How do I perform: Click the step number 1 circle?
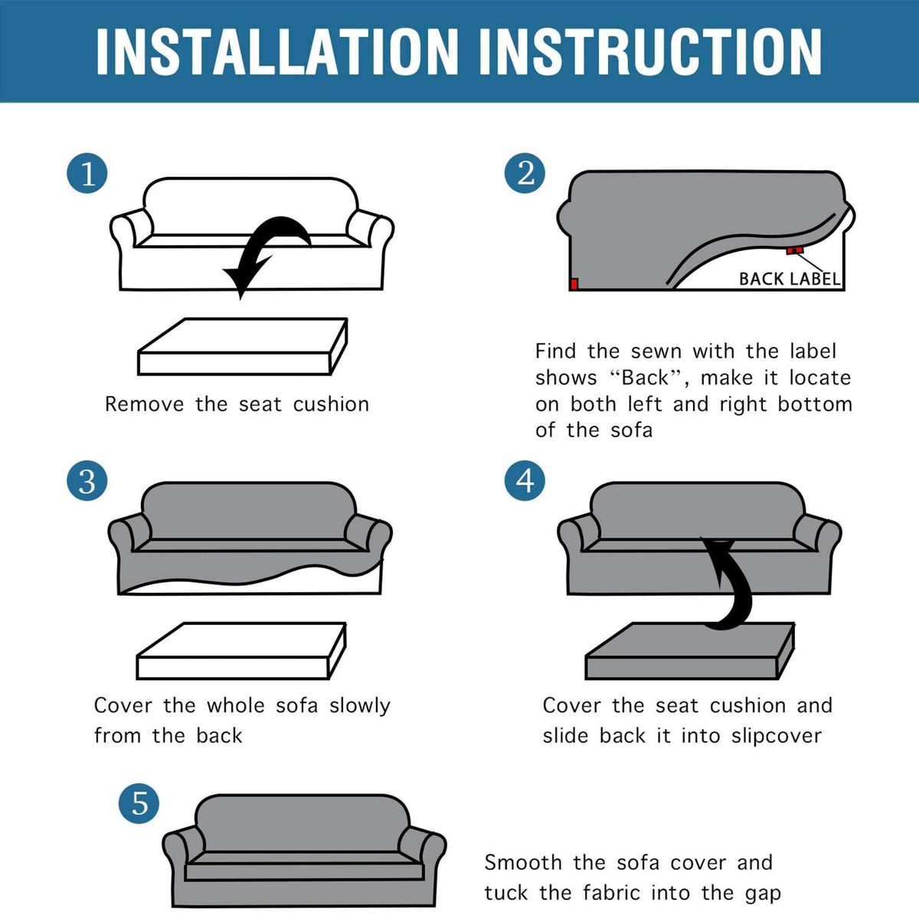click(87, 173)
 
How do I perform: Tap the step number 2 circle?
click(525, 173)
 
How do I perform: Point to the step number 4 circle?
click(525, 480)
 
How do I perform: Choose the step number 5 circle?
click(139, 803)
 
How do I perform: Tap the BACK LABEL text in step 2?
click(790, 279)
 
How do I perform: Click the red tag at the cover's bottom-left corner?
click(574, 284)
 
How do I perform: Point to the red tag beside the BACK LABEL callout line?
click(795, 250)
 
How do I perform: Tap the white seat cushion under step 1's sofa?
click(242, 347)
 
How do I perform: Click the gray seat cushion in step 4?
click(689, 650)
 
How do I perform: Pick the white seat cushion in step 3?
click(241, 650)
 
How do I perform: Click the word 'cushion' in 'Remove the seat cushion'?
click(331, 404)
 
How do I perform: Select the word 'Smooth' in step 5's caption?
click(523, 863)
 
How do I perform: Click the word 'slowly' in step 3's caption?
click(360, 706)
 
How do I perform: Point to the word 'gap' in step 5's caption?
click(764, 894)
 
